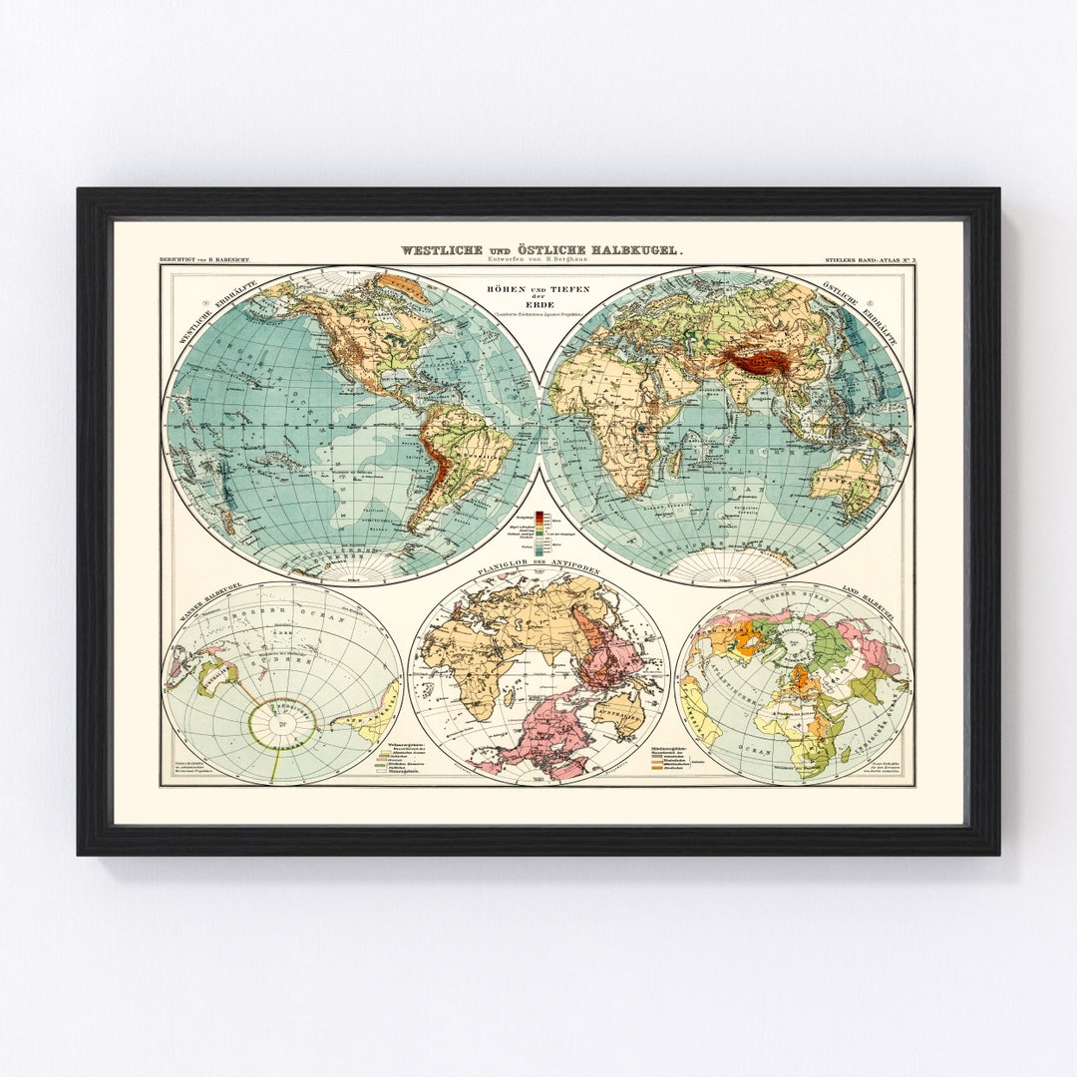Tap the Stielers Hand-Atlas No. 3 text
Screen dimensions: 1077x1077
point(870,260)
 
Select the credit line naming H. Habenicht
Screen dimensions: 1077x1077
point(204,260)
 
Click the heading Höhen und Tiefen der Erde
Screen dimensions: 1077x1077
point(539,292)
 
